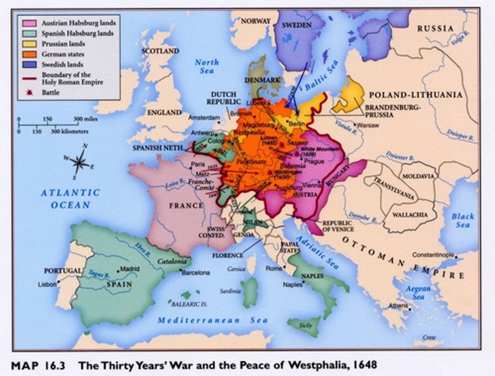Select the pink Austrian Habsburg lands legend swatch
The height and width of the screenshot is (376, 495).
click(x=29, y=23)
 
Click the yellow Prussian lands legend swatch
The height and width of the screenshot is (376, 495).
click(x=29, y=44)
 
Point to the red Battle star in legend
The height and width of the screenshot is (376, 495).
click(x=30, y=92)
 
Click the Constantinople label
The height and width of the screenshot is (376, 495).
click(x=433, y=255)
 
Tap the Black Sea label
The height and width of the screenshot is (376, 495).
click(x=463, y=220)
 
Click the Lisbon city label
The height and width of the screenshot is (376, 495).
click(x=47, y=285)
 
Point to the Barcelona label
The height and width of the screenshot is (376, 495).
click(x=196, y=273)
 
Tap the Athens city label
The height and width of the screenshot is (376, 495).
click(x=398, y=306)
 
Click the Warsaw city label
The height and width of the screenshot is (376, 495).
click(x=368, y=125)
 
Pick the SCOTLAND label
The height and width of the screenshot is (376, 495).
click(x=160, y=51)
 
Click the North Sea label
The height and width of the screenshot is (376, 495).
click(x=207, y=66)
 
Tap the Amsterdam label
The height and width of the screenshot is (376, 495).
click(x=204, y=118)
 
